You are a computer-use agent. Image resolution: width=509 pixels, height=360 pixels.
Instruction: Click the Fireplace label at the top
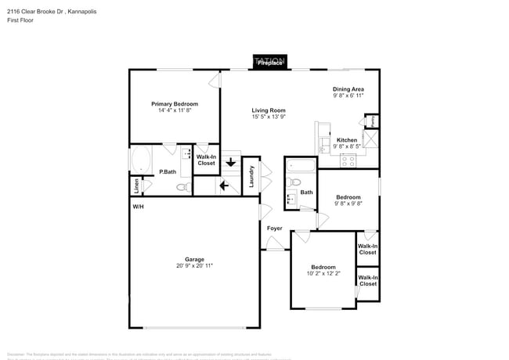[x=270, y=62]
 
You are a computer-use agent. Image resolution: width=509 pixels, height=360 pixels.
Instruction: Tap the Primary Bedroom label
[x=175, y=104]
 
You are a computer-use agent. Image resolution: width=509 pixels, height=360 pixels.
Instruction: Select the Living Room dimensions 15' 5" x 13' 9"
[x=268, y=117]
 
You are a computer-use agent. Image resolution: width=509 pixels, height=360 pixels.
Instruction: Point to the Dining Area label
[x=348, y=89]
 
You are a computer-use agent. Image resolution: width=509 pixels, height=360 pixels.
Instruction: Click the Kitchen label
[x=347, y=140]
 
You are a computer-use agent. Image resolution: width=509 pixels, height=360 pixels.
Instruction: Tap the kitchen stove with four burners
[x=348, y=160]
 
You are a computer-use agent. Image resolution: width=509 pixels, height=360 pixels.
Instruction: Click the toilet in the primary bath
[x=182, y=188]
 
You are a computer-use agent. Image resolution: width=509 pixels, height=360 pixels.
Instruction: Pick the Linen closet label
[x=137, y=186]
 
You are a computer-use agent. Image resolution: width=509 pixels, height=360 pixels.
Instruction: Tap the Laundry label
[x=251, y=175]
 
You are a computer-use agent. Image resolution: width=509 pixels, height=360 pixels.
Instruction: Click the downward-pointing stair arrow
[x=230, y=163]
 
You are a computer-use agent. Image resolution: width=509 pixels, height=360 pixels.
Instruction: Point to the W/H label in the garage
[x=138, y=207]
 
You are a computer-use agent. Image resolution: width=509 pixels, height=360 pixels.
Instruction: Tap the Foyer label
[x=274, y=229]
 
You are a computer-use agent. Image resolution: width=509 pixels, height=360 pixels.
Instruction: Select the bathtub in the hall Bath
[x=301, y=165]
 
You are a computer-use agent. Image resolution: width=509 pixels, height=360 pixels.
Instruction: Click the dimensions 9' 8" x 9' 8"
[x=348, y=203]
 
